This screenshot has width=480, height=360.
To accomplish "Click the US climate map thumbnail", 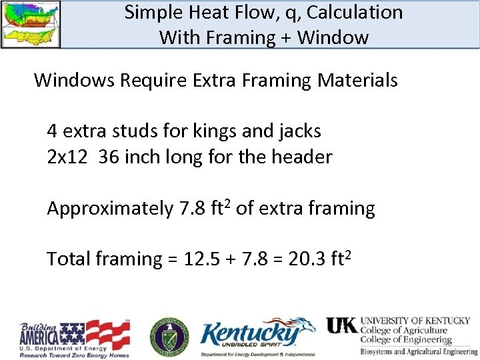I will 31,24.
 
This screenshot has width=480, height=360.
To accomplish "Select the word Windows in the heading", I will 73,81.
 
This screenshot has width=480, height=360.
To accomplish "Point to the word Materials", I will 357,81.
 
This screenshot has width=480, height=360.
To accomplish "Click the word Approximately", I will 109,209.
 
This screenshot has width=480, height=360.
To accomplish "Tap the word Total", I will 66,259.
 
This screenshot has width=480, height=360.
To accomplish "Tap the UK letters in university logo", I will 341,325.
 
